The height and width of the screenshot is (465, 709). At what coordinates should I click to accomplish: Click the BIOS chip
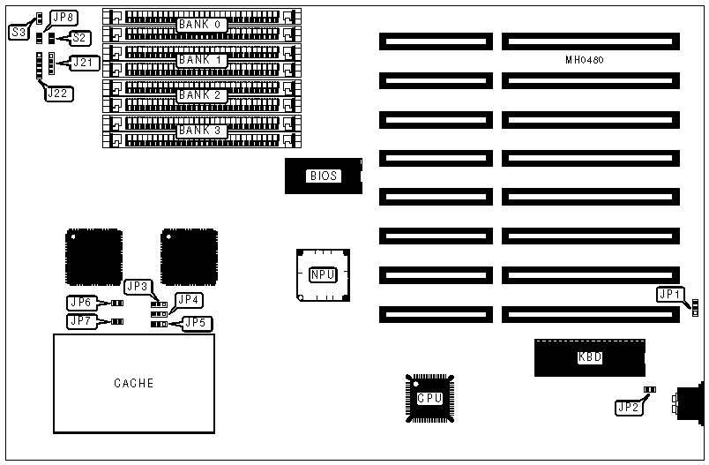(323, 176)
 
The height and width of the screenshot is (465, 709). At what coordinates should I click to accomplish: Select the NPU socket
(323, 274)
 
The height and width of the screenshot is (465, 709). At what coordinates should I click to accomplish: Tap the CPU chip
(429, 398)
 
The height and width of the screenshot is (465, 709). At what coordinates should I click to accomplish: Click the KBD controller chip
(589, 357)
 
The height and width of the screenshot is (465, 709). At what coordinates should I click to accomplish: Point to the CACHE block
(134, 383)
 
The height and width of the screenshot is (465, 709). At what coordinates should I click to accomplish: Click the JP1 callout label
(668, 295)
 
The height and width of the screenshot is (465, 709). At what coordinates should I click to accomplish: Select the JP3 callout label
(138, 286)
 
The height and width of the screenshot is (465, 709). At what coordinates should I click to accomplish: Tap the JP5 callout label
(196, 323)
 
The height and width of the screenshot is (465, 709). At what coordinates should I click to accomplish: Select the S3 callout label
(19, 31)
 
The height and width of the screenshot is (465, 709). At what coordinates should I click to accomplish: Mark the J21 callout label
(84, 62)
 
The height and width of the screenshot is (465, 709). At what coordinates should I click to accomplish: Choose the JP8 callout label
(63, 18)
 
